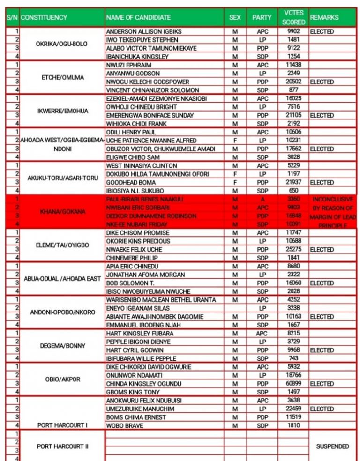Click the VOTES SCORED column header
tap(293, 17)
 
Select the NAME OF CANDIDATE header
tap(138, 17)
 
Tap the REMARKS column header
tap(324, 17)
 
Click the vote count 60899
tap(293, 384)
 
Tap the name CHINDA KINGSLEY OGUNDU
tap(144, 384)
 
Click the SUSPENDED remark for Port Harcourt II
tap(332, 446)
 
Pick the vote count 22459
tap(293, 409)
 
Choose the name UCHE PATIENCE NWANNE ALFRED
tap(151, 141)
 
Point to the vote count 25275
tap(293, 250)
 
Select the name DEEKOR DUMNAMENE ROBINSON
tap(151, 216)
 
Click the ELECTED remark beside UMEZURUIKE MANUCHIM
tap(322, 409)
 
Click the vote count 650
tap(293, 191)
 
